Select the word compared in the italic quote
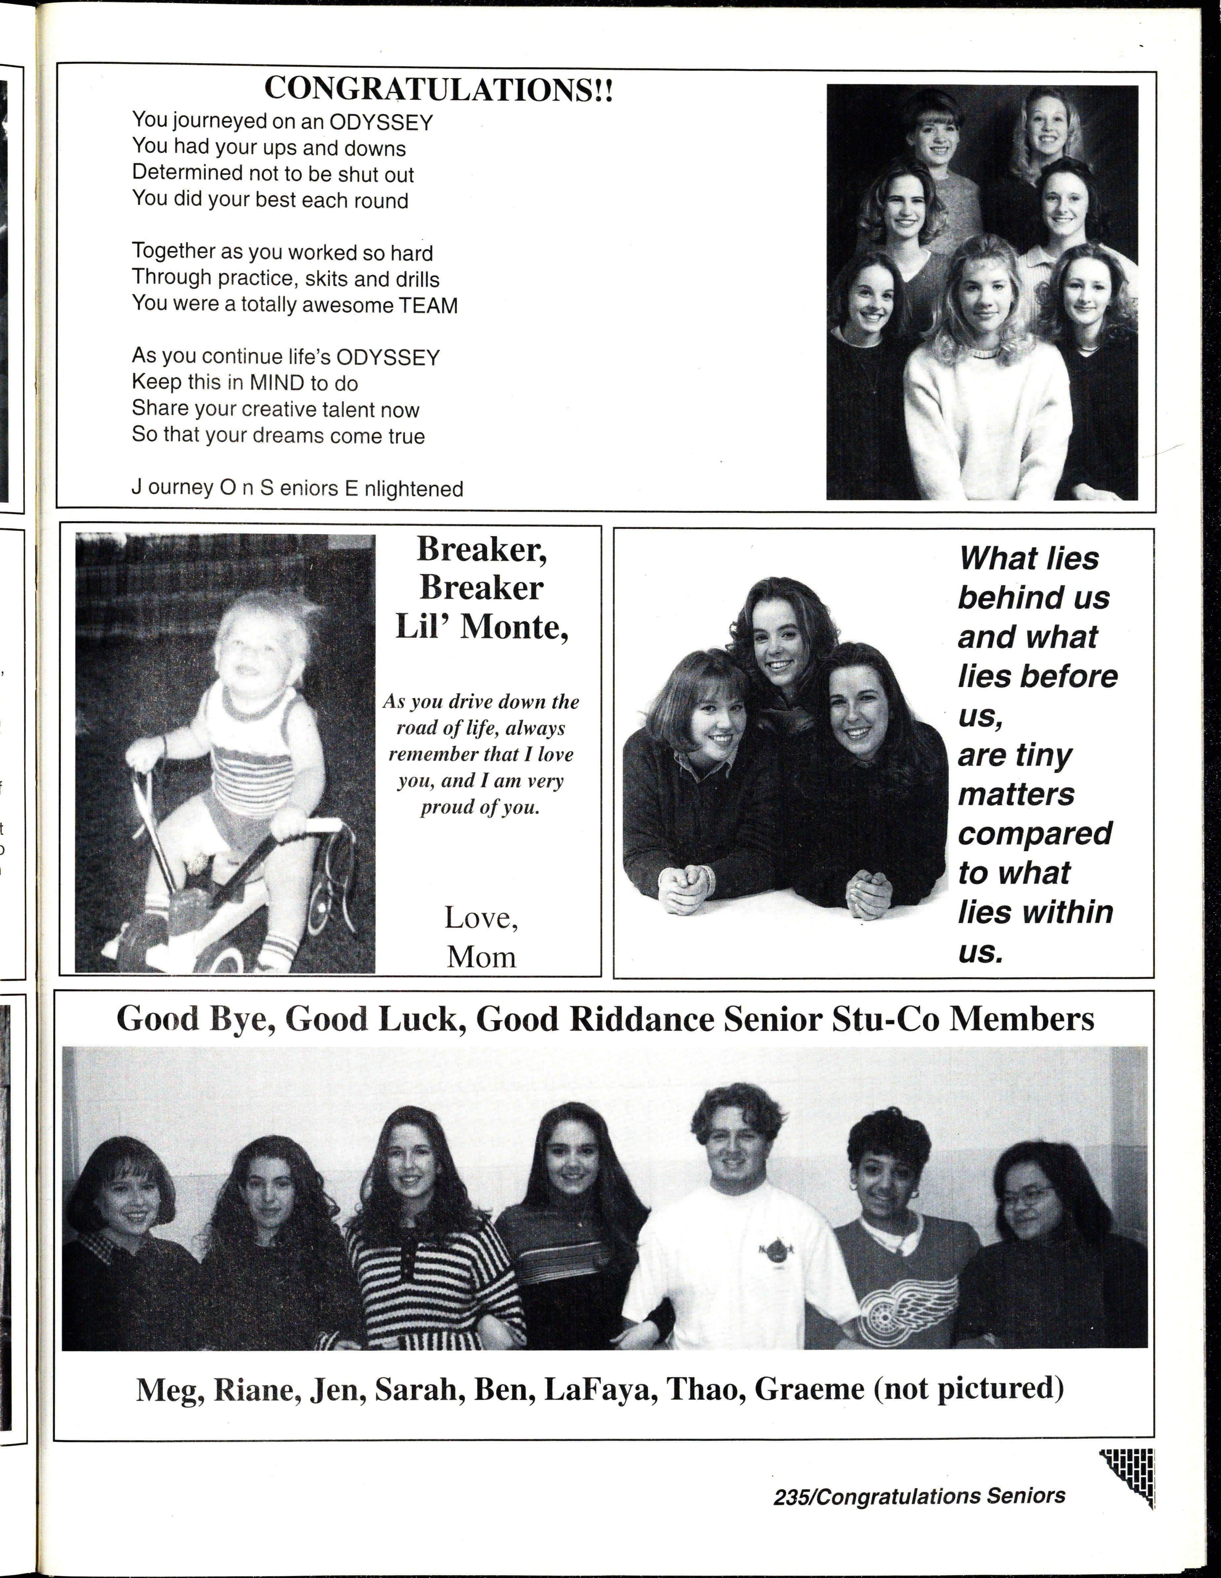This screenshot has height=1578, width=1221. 1035,833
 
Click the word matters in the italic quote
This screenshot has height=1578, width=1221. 1016,794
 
